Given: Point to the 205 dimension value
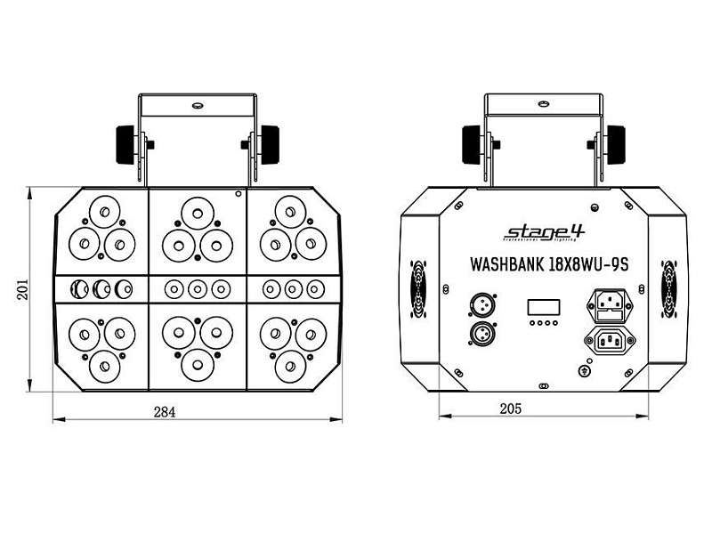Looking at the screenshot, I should click(510, 409).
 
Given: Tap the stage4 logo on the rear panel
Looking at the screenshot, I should click(544, 233).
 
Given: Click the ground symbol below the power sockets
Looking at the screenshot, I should click(585, 368).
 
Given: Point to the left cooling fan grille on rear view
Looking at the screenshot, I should click(417, 289).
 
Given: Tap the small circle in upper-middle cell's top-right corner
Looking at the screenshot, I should click(238, 193).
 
